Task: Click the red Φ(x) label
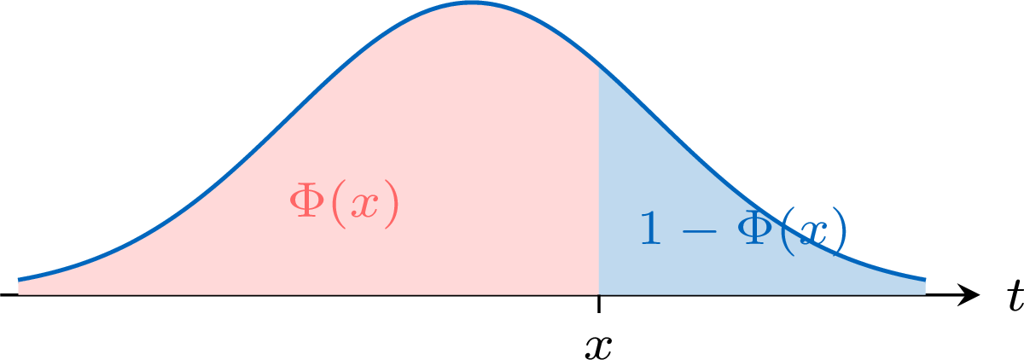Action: [x=344, y=203]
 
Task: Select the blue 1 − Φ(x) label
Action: [x=743, y=232]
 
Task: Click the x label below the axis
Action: [x=598, y=348]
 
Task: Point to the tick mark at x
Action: [x=599, y=304]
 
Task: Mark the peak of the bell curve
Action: [x=472, y=3]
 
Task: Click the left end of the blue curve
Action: [x=19, y=279]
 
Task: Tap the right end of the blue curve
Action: [x=925, y=279]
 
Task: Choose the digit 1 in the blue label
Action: [x=650, y=228]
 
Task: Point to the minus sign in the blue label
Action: [x=699, y=231]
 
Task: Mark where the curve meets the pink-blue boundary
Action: [x=599, y=69]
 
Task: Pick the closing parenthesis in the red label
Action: [x=392, y=204]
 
